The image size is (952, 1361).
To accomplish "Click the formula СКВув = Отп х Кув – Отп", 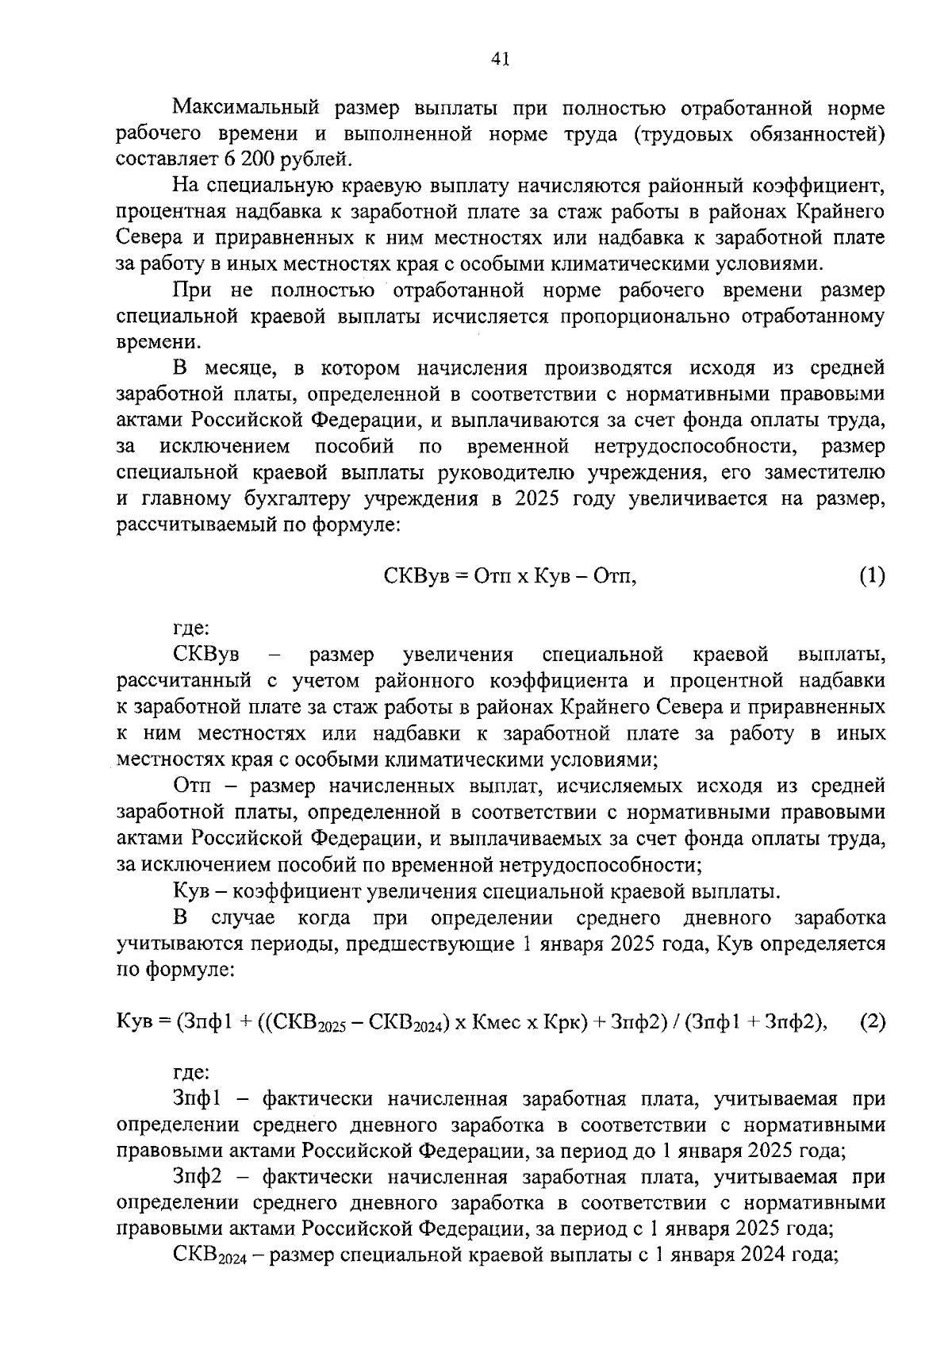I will [511, 576].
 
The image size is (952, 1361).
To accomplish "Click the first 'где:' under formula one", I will [191, 629].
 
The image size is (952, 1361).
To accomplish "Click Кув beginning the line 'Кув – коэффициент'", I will [189, 891].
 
